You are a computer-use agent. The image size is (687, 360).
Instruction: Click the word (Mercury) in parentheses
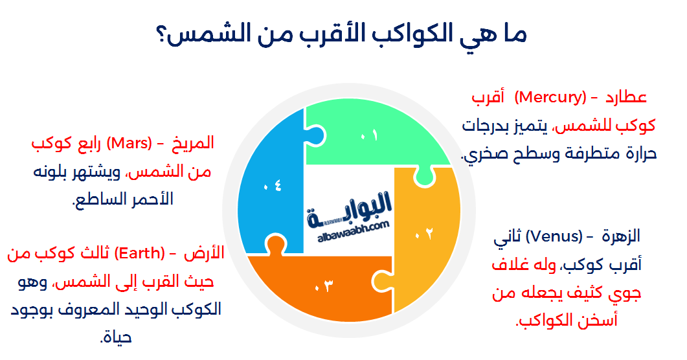tap(550, 98)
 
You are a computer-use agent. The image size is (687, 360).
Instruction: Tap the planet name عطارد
tap(626, 98)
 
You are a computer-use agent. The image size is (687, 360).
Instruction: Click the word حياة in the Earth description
tap(117, 337)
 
